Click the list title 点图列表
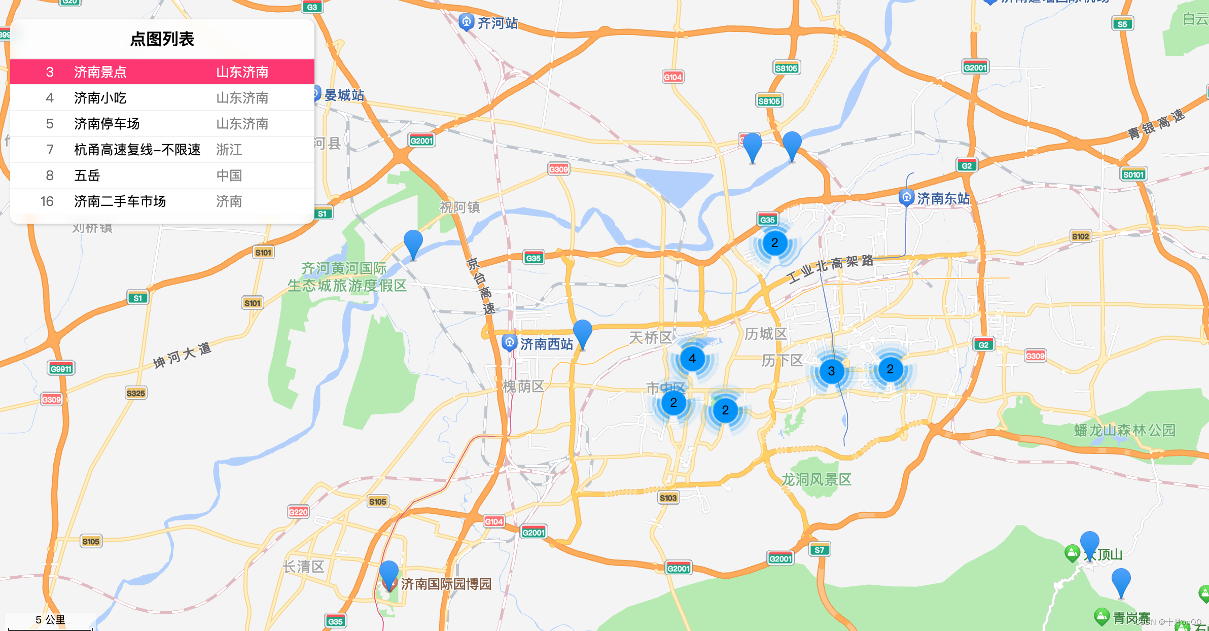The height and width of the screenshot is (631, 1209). pyautogui.click(x=162, y=39)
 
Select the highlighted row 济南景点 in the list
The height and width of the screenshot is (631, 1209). pyautogui.click(x=162, y=72)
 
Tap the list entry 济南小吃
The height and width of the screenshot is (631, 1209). pyautogui.click(x=162, y=98)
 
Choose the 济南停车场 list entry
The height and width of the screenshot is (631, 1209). pyautogui.click(x=162, y=124)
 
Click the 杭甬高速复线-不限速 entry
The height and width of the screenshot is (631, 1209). pyautogui.click(x=162, y=150)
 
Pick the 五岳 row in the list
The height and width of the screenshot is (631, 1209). pyautogui.click(x=162, y=176)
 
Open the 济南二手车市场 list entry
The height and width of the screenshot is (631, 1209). pyautogui.click(x=162, y=201)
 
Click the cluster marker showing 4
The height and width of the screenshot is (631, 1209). pyautogui.click(x=692, y=359)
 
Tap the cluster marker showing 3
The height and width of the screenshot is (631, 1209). pyautogui.click(x=831, y=371)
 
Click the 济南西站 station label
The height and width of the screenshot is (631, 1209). pyautogui.click(x=546, y=344)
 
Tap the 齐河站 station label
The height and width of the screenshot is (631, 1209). pyautogui.click(x=497, y=23)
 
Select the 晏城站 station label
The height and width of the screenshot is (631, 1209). pyautogui.click(x=344, y=95)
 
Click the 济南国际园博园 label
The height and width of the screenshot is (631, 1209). pyautogui.click(x=446, y=584)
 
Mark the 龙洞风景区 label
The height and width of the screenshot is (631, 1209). pyautogui.click(x=816, y=479)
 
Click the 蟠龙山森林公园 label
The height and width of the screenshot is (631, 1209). pyautogui.click(x=1124, y=431)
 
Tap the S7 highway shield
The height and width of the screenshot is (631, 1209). pyautogui.click(x=820, y=550)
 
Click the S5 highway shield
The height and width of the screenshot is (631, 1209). pyautogui.click(x=1122, y=24)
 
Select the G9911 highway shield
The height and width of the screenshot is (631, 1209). pyautogui.click(x=61, y=369)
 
